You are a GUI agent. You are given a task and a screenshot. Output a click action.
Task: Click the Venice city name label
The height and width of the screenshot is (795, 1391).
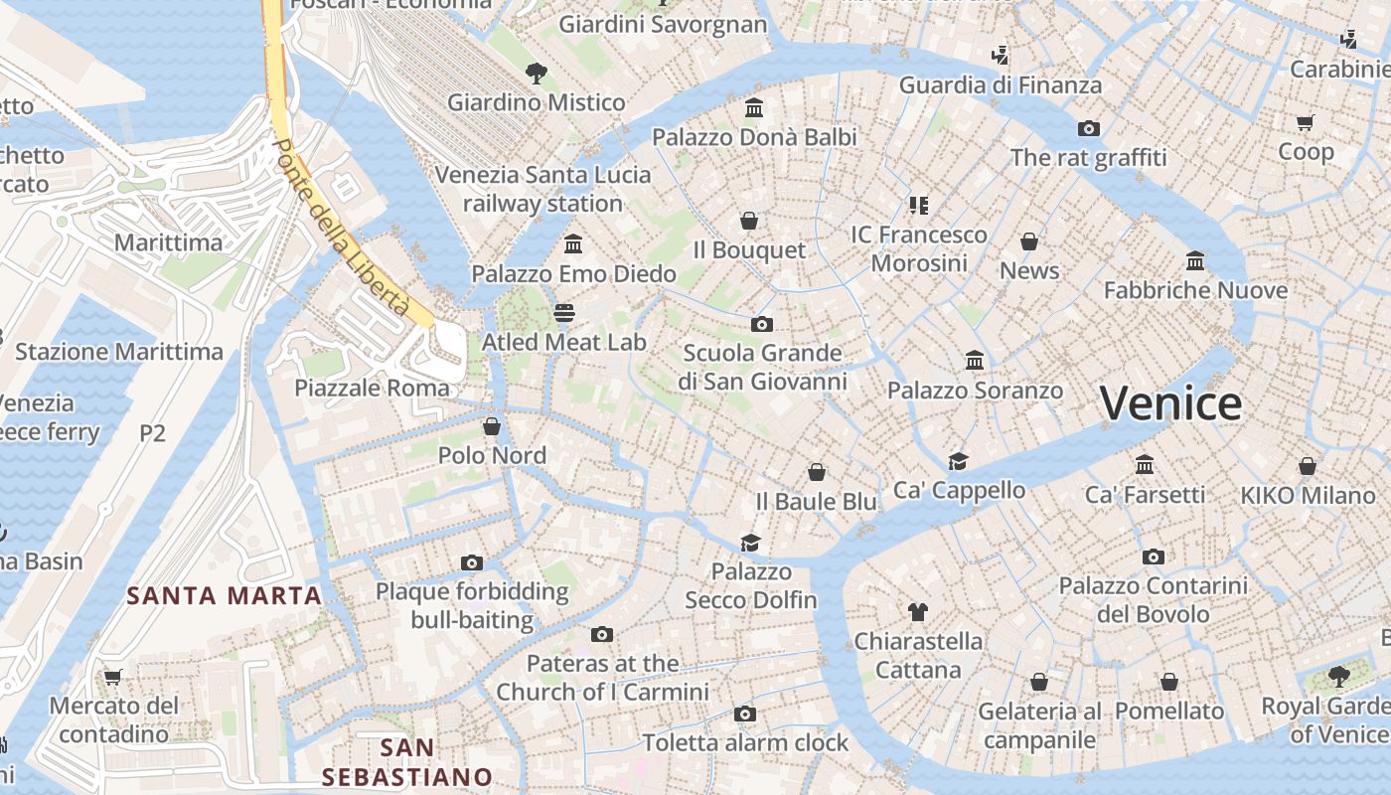[x=1170, y=403]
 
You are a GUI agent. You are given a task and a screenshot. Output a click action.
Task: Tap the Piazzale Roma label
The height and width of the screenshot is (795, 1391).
[x=372, y=388]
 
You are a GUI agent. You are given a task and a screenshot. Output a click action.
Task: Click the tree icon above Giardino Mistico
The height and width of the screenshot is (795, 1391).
[x=536, y=73]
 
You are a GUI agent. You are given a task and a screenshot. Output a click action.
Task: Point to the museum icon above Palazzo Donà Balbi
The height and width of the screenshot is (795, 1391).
[x=754, y=107]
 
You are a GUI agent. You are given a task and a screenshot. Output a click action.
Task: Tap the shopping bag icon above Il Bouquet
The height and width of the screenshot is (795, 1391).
[x=748, y=221]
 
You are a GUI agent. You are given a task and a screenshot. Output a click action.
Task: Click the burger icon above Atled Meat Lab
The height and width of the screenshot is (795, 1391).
[x=564, y=314]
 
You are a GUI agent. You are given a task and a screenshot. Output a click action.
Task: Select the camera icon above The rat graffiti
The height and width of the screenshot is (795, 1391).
[x=1088, y=128]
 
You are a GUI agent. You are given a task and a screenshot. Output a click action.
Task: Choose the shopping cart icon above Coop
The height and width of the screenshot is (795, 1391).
[x=1305, y=122]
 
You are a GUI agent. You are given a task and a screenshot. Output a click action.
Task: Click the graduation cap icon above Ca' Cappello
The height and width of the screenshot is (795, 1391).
[x=958, y=461]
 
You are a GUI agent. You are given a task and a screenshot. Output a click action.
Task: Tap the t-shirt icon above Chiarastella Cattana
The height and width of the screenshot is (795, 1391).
[x=917, y=612]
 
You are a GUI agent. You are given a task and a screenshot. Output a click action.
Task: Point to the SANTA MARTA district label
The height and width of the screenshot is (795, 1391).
[x=225, y=596]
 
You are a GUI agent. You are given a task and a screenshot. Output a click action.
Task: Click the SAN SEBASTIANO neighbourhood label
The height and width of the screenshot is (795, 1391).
[x=407, y=761]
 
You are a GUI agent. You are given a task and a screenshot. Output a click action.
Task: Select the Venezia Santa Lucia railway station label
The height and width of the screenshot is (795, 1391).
[x=542, y=189]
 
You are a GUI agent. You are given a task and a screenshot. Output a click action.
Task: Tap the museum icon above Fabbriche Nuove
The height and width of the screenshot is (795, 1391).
[x=1195, y=261]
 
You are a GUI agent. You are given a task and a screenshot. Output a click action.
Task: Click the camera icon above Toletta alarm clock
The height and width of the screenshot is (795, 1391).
[x=744, y=714]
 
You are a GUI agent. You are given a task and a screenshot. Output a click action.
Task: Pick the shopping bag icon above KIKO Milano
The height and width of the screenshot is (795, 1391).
[x=1307, y=466]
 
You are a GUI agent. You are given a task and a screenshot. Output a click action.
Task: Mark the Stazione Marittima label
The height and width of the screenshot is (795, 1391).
[x=119, y=352]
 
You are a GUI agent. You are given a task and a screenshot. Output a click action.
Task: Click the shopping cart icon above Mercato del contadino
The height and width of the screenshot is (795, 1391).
[x=112, y=678]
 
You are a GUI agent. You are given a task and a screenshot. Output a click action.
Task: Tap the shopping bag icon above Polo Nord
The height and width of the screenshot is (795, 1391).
[x=491, y=427]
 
